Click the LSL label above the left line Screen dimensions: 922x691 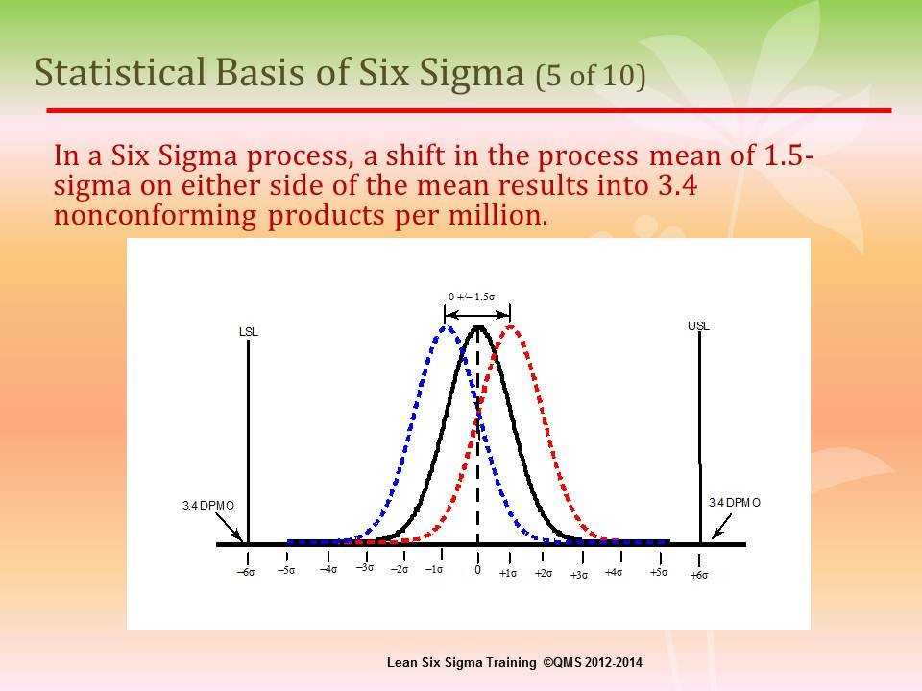click(x=248, y=332)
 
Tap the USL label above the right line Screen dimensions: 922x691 click(x=698, y=326)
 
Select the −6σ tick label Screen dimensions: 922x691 click(x=247, y=572)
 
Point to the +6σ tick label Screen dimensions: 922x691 click(x=699, y=575)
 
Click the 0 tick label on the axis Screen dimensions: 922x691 click(x=477, y=570)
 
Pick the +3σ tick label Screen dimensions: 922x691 click(x=578, y=575)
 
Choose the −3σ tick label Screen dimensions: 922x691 click(x=365, y=567)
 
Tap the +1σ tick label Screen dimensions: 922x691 click(x=508, y=573)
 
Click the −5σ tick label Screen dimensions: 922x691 click(x=286, y=570)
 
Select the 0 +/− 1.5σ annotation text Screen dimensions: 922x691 click(x=472, y=297)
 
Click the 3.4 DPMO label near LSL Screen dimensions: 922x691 click(x=208, y=506)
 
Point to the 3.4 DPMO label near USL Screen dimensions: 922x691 click(x=735, y=502)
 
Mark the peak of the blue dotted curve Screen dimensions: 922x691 click(x=447, y=327)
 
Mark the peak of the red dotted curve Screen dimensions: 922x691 click(x=510, y=327)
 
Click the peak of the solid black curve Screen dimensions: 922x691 click(x=479, y=327)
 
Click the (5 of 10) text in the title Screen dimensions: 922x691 click(x=591, y=76)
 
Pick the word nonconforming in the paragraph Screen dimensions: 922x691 click(x=156, y=216)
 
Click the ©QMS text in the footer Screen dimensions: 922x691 click(x=563, y=663)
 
